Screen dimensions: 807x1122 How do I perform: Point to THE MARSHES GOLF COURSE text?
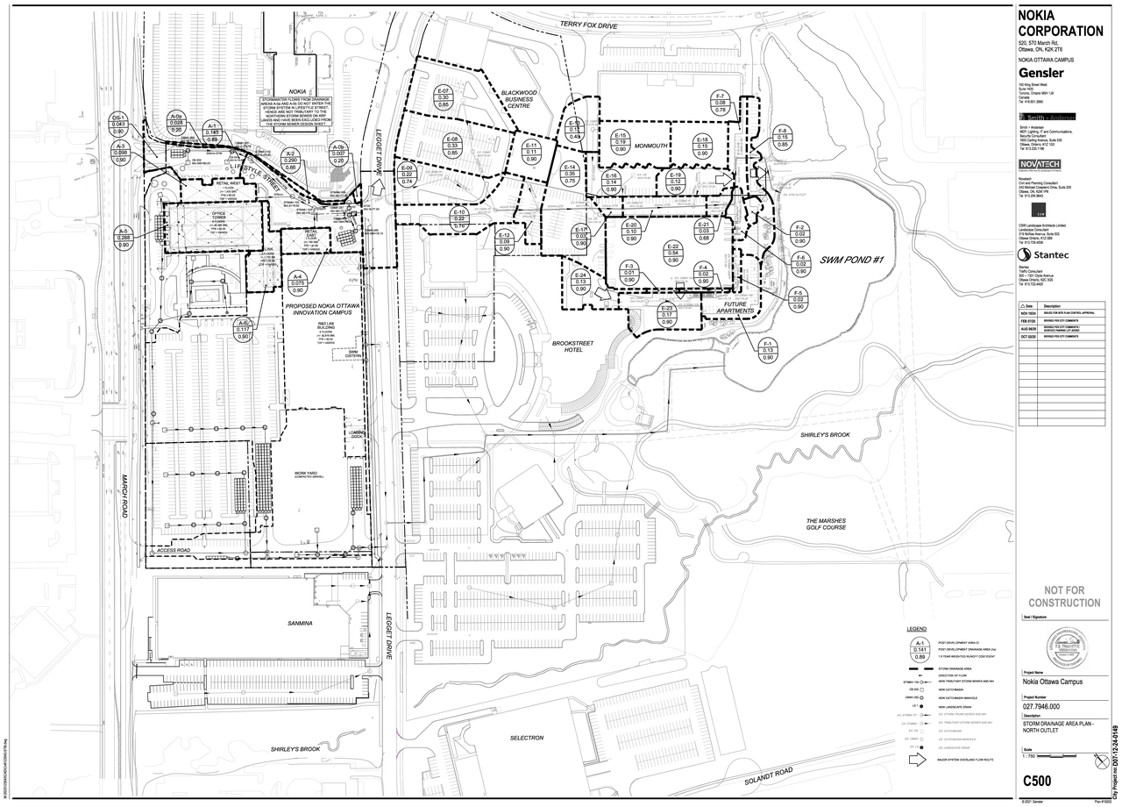(838, 524)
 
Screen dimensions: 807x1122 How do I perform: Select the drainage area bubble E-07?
(444, 98)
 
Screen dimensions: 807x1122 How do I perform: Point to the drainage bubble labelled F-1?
(769, 350)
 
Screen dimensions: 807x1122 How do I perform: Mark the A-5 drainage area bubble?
(124, 238)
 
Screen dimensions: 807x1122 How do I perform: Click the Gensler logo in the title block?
(1041, 73)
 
